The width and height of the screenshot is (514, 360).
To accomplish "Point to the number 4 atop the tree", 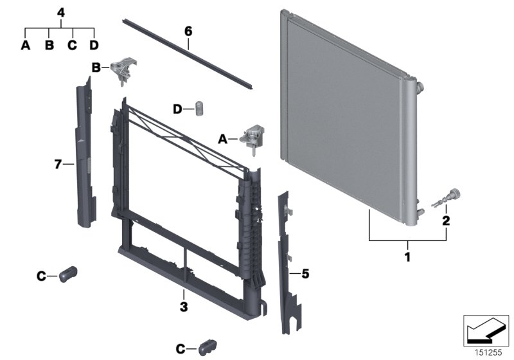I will [x=60, y=12].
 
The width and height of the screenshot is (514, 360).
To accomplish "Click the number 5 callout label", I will [x=305, y=274].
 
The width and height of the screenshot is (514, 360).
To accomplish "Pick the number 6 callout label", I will [x=188, y=31].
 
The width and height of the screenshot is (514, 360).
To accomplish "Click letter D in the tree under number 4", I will [x=94, y=45].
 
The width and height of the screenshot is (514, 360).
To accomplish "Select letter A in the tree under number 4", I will [x=26, y=45].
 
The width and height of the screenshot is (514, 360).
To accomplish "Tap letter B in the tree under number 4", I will [x=49, y=45].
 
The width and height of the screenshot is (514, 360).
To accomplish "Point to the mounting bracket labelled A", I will [x=251, y=138].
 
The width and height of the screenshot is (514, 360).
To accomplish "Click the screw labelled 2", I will [x=445, y=197].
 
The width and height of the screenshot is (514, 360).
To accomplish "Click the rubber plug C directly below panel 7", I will [x=67, y=274].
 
